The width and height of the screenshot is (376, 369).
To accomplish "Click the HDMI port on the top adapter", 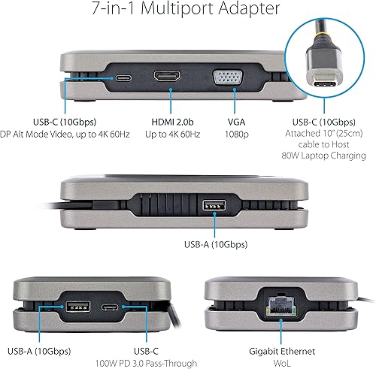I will (x=166, y=77).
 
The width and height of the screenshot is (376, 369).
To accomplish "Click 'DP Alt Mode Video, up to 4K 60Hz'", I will (x=66, y=135).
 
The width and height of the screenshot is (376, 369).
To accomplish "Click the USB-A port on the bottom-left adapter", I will (x=76, y=307).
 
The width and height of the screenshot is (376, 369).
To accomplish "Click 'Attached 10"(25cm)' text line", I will (x=324, y=135).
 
